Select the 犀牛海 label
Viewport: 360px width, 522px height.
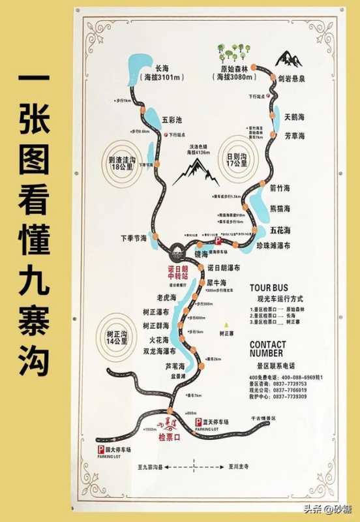pyautogui.click(x=216, y=283)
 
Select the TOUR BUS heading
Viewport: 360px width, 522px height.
pyautogui.click(x=268, y=287)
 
